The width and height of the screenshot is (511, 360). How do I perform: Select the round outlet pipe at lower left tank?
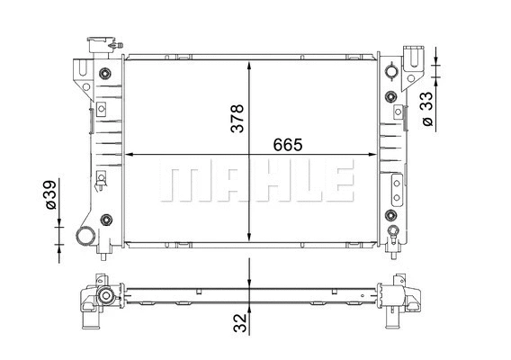87,237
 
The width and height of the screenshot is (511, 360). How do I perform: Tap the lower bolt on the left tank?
106,219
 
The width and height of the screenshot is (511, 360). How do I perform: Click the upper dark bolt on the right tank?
390,71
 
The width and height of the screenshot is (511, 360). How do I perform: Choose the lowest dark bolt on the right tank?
390,216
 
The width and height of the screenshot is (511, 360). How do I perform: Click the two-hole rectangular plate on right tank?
396,190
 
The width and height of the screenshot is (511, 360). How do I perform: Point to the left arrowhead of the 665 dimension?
127,154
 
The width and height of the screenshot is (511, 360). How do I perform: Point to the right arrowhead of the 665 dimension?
372,154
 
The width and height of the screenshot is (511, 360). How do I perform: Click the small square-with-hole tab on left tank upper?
101,109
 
